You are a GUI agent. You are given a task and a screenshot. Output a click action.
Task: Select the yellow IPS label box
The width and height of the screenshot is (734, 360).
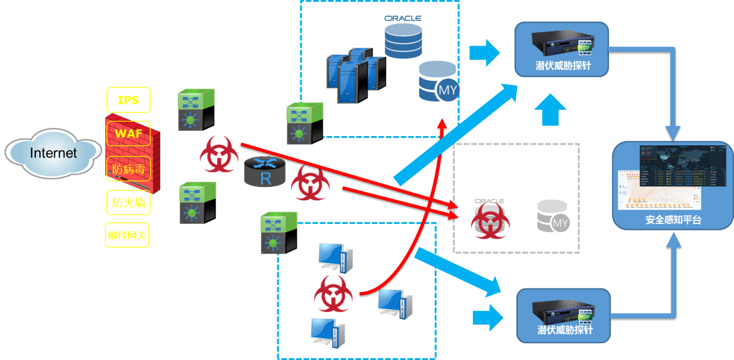click(128, 100)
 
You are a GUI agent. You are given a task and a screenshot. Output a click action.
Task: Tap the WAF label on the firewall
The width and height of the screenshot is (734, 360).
click(129, 134)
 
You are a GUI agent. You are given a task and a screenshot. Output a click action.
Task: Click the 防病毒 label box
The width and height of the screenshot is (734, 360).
click(128, 169)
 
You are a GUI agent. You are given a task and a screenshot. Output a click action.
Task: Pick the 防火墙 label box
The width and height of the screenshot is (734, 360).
click(128, 203)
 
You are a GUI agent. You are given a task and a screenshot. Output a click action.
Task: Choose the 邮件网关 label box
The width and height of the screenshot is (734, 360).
click(127, 235)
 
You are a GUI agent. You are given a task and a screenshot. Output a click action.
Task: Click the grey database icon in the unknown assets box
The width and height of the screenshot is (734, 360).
click(552, 216)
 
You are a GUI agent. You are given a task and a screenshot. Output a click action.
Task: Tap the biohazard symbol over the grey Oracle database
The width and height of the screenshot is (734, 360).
click(490, 222)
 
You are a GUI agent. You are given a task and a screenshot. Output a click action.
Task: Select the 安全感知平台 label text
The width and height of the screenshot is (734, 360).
click(673, 220)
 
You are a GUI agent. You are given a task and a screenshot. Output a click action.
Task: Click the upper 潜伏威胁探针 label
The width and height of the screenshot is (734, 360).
click(563, 65)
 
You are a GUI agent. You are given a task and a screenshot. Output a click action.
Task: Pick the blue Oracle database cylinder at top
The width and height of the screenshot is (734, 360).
click(403, 39)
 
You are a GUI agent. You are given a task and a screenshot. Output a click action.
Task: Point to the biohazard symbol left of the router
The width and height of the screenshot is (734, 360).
click(218, 154)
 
